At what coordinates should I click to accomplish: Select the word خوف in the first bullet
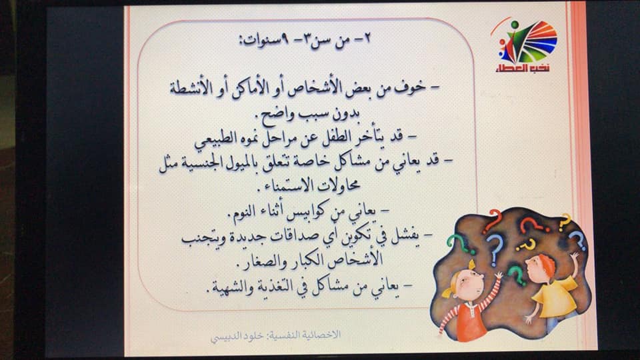click(x=410, y=89)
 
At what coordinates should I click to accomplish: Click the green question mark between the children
click(x=516, y=274)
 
